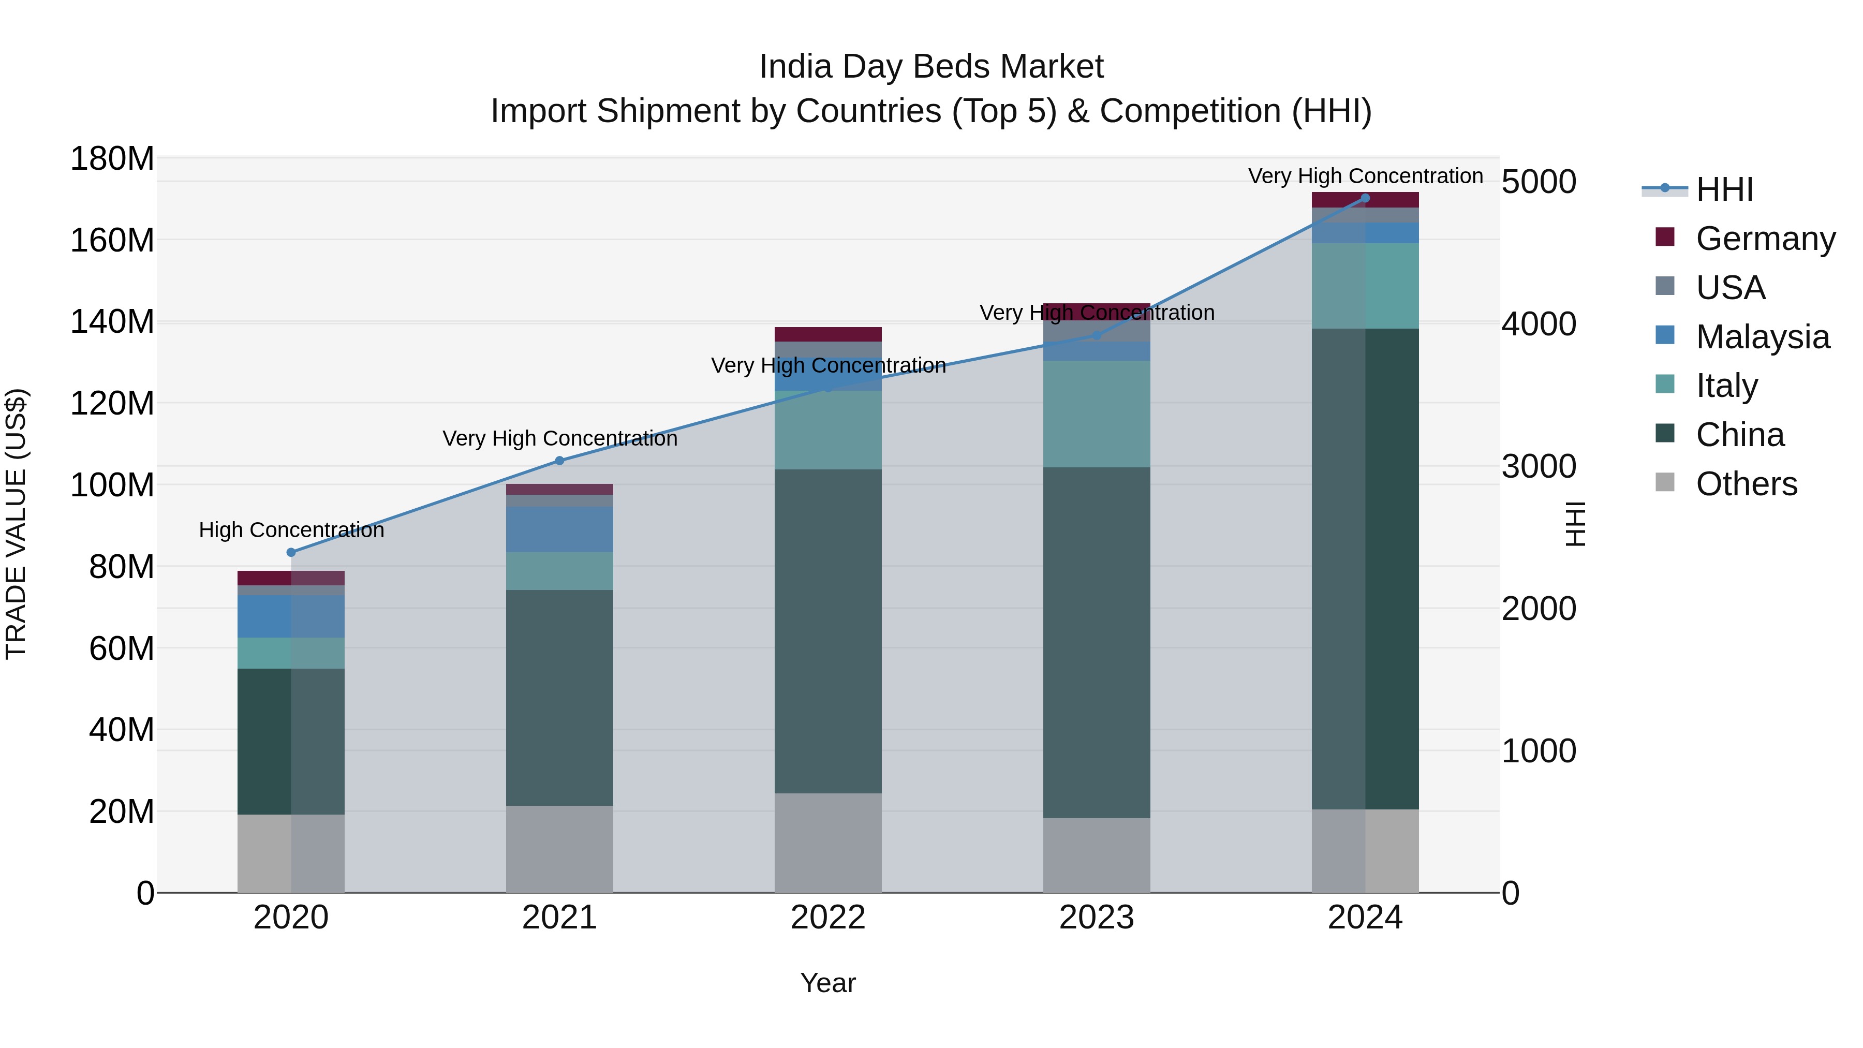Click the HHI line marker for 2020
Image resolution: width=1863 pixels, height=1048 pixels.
[291, 553]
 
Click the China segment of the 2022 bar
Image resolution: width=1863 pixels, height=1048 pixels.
[828, 631]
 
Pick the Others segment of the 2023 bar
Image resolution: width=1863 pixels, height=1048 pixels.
[1097, 855]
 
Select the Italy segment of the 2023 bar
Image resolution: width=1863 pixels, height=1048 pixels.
[1097, 414]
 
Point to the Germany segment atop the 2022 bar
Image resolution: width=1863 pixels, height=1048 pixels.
[828, 334]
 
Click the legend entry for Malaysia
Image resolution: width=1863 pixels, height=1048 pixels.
[1763, 337]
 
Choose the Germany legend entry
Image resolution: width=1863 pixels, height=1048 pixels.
[1765, 239]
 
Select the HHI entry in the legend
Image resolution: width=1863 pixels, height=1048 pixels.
[1724, 189]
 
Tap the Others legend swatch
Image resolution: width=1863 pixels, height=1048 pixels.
[1665, 482]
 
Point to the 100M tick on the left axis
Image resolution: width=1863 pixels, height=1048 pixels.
[112, 485]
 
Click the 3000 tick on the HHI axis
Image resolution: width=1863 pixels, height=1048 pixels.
[1539, 466]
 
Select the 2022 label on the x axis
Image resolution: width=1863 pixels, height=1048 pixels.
[828, 918]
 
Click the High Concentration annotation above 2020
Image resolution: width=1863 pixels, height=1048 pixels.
[291, 530]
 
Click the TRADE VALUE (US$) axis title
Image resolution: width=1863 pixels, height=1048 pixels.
[16, 524]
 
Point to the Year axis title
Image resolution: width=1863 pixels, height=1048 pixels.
[828, 983]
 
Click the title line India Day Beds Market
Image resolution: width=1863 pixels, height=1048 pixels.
[931, 67]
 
